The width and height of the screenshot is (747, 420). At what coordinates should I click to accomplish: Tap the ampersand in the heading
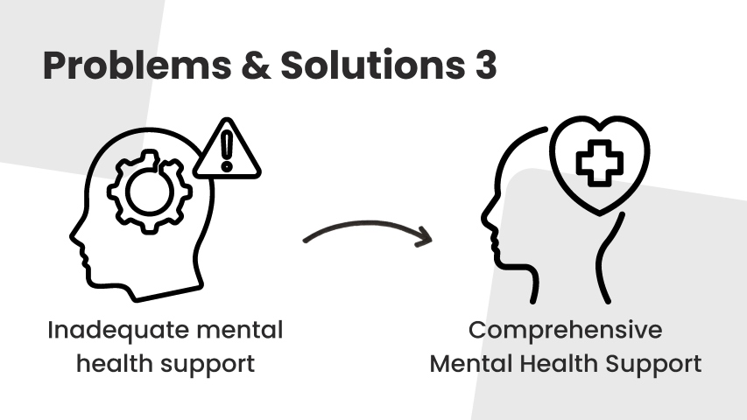click(256, 66)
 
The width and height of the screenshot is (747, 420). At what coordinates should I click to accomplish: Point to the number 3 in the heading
click(485, 65)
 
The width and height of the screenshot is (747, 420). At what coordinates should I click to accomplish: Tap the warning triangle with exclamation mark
click(227, 149)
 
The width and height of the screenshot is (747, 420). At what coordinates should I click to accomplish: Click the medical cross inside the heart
click(600, 163)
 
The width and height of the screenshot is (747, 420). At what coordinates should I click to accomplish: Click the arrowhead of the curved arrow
click(424, 236)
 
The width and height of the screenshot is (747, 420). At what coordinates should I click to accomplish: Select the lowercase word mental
click(240, 330)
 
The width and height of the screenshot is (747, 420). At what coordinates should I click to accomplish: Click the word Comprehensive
click(566, 331)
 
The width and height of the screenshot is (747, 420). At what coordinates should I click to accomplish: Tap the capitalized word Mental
click(470, 364)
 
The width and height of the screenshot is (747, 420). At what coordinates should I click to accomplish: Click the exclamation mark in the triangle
click(227, 151)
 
